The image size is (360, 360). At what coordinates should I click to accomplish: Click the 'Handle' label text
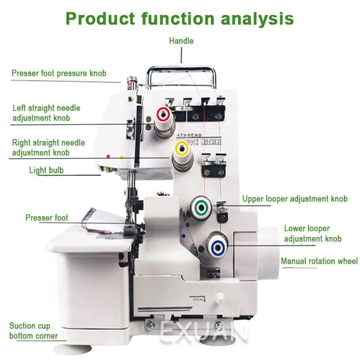pyautogui.click(x=181, y=41)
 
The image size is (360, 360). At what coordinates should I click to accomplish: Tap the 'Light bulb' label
pyautogui.click(x=46, y=170)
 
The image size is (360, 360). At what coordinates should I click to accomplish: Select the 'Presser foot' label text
pyautogui.click(x=47, y=218)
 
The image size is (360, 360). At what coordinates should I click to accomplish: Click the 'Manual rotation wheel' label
pyautogui.click(x=319, y=261)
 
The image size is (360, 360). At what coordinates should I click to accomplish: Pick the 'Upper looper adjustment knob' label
pyautogui.click(x=295, y=199)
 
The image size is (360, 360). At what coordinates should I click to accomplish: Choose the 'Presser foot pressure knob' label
pyautogui.click(x=59, y=73)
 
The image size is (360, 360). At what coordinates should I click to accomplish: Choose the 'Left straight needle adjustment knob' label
pyautogui.click(x=46, y=112)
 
